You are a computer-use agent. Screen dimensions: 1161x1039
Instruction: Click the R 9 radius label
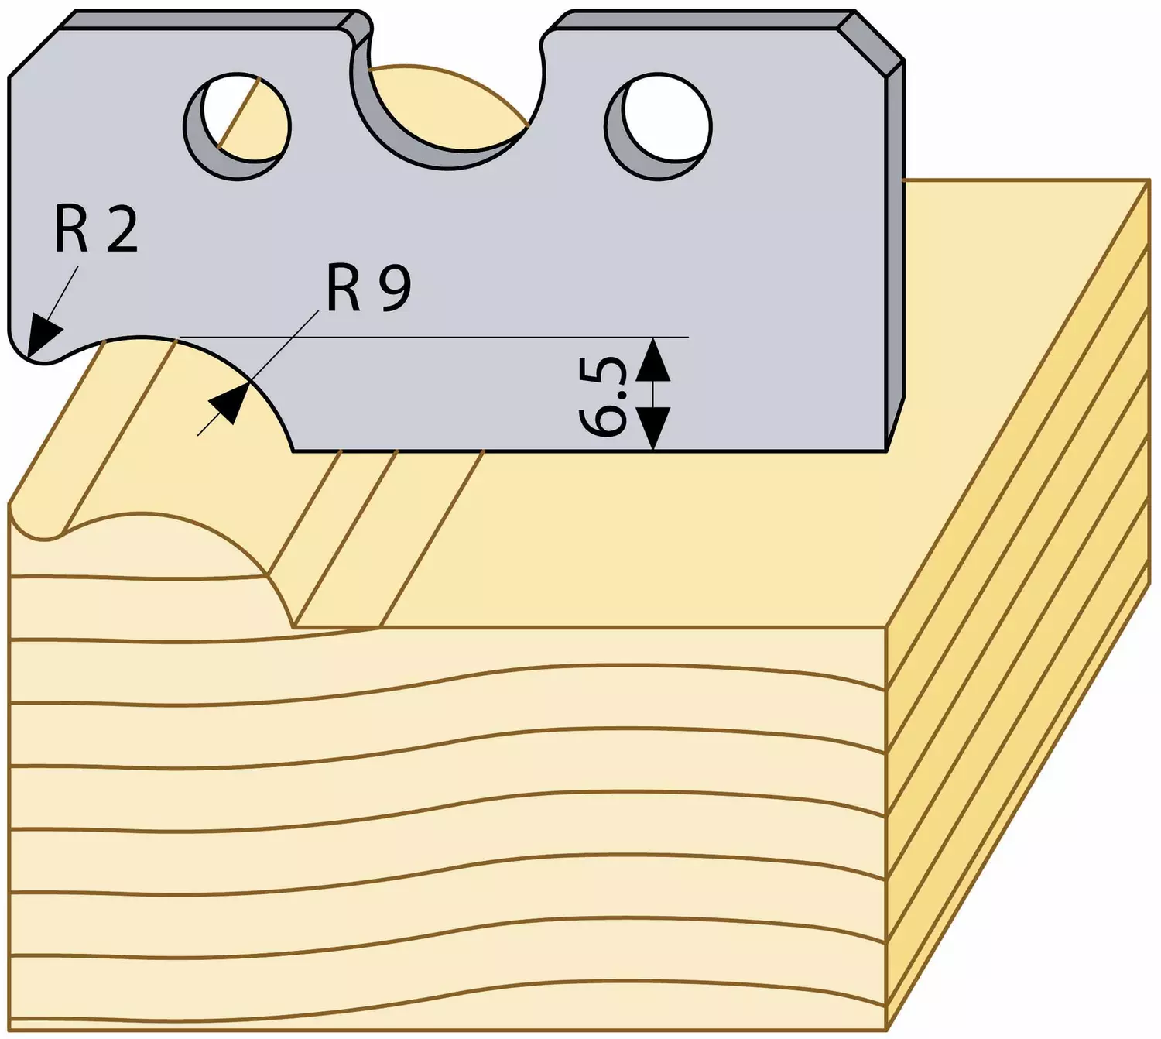click(x=368, y=288)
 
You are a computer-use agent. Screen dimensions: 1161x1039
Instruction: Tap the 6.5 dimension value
click(x=601, y=396)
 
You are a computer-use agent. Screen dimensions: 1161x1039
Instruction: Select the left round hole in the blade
click(x=237, y=126)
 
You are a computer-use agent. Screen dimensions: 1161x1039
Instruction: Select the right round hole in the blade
click(x=658, y=127)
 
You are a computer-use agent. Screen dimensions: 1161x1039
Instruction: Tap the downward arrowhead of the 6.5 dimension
click(x=652, y=428)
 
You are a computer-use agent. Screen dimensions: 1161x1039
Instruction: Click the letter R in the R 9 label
click(x=343, y=289)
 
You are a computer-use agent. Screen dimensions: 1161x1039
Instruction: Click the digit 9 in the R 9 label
click(x=396, y=288)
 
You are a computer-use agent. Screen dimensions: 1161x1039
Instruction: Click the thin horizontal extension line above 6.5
click(x=433, y=338)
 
